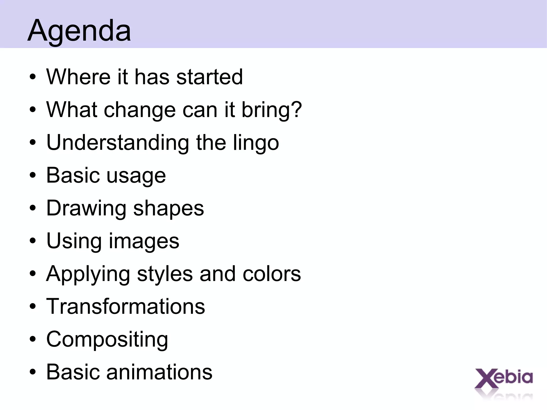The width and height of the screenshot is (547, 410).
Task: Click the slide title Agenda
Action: click(79, 30)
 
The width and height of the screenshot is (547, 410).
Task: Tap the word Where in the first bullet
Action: click(78, 77)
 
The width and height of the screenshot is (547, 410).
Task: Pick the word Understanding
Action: click(118, 143)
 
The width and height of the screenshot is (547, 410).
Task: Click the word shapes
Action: click(169, 209)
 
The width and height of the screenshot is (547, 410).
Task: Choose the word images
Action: click(144, 241)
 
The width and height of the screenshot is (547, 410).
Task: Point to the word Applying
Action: click(88, 274)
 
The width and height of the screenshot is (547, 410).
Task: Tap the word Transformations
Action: click(126, 306)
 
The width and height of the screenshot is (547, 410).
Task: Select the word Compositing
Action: click(107, 340)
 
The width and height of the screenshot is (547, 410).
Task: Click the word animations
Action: click(159, 372)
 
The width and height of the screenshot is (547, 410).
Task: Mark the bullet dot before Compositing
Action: click(33, 340)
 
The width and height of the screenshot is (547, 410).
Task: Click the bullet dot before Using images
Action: click(33, 241)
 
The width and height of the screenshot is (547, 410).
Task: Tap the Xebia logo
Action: click(503, 379)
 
